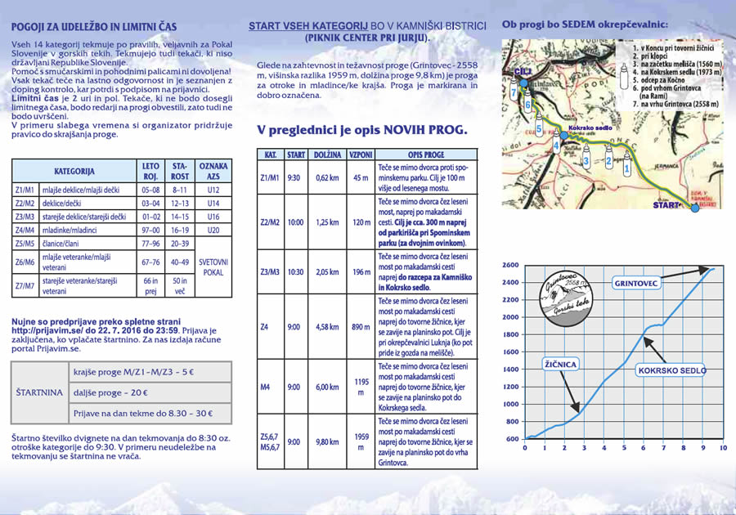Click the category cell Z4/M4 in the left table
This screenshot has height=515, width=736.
(x=25, y=231)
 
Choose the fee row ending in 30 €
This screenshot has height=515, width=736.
(x=143, y=414)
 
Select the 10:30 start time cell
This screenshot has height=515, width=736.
(x=296, y=271)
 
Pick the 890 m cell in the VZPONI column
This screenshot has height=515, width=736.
(x=361, y=327)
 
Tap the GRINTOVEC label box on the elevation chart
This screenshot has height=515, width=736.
(x=635, y=284)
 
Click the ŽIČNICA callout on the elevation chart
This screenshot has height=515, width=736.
(x=559, y=362)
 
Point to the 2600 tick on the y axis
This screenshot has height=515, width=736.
(x=510, y=266)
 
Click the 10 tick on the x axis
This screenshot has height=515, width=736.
(x=722, y=448)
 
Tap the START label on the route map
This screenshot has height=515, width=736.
(x=666, y=205)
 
